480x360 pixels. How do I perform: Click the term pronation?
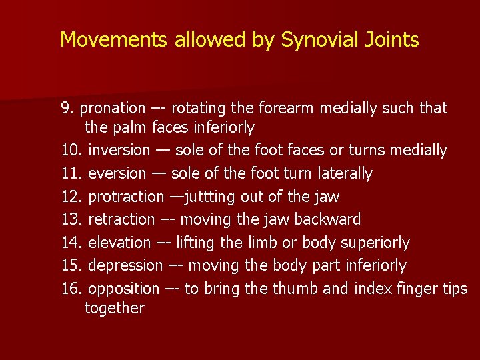coord(111,108)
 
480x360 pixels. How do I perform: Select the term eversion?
coord(117,173)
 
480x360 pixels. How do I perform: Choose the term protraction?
coord(125,197)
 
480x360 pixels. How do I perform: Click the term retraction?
coord(121,219)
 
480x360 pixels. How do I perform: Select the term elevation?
coord(119,243)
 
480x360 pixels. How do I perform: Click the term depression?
coord(125,265)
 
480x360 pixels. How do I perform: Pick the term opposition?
coord(123,289)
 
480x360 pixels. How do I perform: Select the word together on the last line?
coord(115,308)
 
